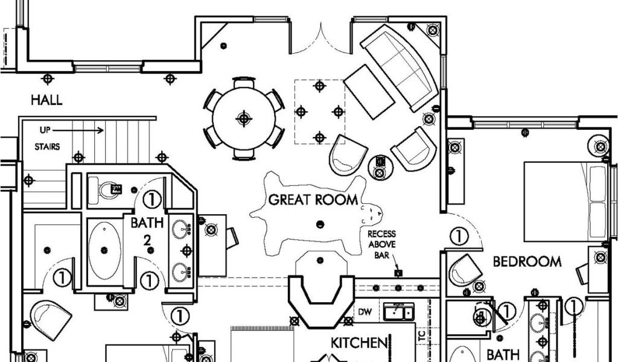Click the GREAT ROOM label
[313, 199]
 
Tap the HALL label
[46, 100]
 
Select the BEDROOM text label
[527, 262]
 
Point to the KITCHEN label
[358, 343]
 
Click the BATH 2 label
[147, 230]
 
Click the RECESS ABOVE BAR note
[381, 241]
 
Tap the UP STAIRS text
[46, 138]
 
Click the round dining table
[243, 118]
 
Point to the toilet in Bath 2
[110, 190]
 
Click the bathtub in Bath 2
[105, 250]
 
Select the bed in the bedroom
[565, 200]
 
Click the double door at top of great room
[320, 37]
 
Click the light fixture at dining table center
[243, 118]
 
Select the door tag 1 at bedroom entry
[460, 236]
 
